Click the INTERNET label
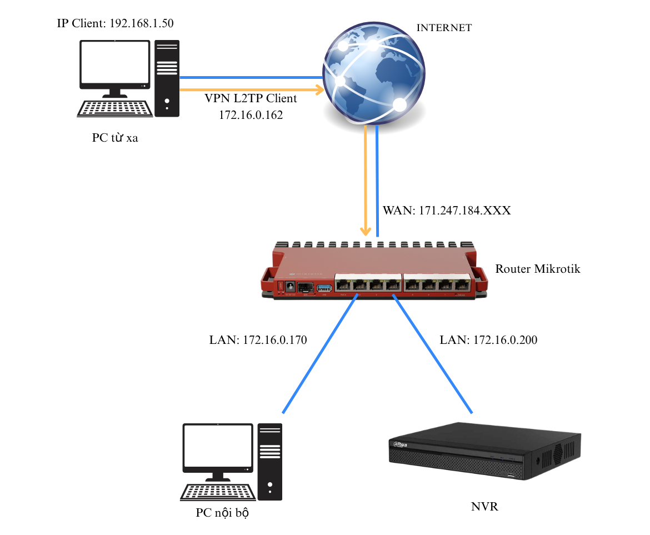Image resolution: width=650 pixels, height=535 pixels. point(444,28)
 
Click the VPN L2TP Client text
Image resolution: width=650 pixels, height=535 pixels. point(251,99)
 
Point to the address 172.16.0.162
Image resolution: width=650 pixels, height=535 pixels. point(251,115)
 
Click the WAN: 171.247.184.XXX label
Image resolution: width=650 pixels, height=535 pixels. point(446,211)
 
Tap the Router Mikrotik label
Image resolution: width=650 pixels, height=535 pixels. point(537,269)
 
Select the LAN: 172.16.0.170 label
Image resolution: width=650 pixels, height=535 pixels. point(258,340)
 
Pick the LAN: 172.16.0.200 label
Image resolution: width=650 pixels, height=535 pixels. point(488,340)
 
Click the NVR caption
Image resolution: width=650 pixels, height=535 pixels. point(484,507)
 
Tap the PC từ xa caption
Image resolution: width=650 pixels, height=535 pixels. point(115,138)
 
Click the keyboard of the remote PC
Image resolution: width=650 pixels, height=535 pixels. point(114,108)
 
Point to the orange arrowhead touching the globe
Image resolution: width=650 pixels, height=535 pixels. point(319,89)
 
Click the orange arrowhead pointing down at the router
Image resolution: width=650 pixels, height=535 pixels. point(366,230)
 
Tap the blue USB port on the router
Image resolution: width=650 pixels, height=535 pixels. point(324,287)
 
